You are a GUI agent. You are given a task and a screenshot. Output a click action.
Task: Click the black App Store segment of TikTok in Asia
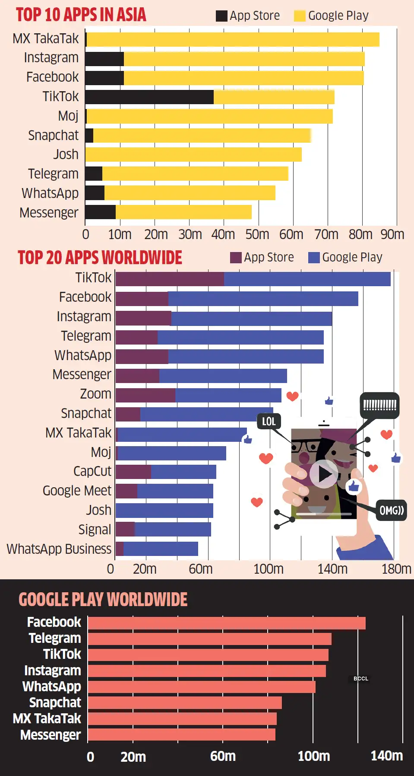pos(149,97)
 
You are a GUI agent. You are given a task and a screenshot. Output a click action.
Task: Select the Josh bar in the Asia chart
pos(193,154)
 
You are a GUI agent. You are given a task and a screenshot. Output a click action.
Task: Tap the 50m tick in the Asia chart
pos(257,234)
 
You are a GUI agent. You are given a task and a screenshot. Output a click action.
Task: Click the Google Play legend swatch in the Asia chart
pos(300,16)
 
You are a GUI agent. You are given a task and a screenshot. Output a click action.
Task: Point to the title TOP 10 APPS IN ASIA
pos(81,15)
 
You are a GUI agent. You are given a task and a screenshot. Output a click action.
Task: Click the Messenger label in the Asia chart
pos(49,213)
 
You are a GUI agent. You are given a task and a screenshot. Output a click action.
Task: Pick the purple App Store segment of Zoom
pos(145,395)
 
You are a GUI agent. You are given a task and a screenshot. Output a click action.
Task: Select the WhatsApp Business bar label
pos(59,549)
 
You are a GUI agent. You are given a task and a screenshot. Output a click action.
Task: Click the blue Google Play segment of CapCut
pos(183,472)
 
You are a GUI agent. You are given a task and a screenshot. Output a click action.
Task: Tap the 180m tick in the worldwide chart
pos(396,569)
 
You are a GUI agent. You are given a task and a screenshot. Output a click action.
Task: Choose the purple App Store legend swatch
pos(236,258)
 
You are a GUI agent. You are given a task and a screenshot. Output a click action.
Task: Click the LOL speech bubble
pos(269,422)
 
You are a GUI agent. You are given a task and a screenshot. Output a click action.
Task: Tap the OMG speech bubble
pos(391,511)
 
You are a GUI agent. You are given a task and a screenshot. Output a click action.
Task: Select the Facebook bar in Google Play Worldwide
pos(227,623)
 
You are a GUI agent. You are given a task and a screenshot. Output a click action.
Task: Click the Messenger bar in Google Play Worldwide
pos(181,734)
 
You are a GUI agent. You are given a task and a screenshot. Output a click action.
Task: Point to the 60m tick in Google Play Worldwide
pos(223,756)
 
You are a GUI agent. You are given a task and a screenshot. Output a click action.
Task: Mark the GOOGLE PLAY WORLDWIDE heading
pos(103,600)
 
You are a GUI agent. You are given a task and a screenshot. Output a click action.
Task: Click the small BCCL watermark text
pos(361,679)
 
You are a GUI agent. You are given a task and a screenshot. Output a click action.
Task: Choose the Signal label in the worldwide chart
pos(95,530)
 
